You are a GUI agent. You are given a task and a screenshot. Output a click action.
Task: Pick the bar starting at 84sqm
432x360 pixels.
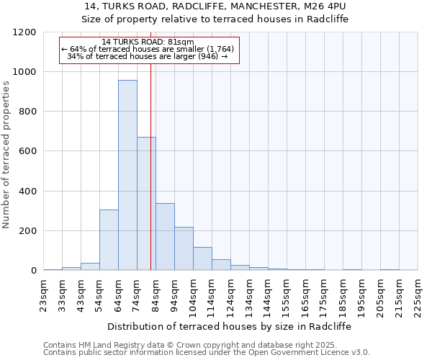(165, 237)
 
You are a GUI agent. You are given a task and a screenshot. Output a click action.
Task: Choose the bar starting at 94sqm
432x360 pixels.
(184, 248)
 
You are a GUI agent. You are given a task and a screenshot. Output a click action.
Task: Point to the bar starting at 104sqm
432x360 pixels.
(202, 258)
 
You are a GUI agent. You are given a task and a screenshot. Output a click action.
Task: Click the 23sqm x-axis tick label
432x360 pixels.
(44, 294)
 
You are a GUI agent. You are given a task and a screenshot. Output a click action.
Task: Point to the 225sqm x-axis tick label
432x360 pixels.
(418, 294)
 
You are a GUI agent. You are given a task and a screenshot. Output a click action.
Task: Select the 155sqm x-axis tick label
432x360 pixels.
(287, 294)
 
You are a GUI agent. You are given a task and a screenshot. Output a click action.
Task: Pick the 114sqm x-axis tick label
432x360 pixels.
(212, 294)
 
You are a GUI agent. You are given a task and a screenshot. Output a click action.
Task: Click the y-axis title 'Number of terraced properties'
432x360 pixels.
(6, 155)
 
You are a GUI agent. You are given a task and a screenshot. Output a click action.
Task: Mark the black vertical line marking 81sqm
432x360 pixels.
(150, 166)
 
